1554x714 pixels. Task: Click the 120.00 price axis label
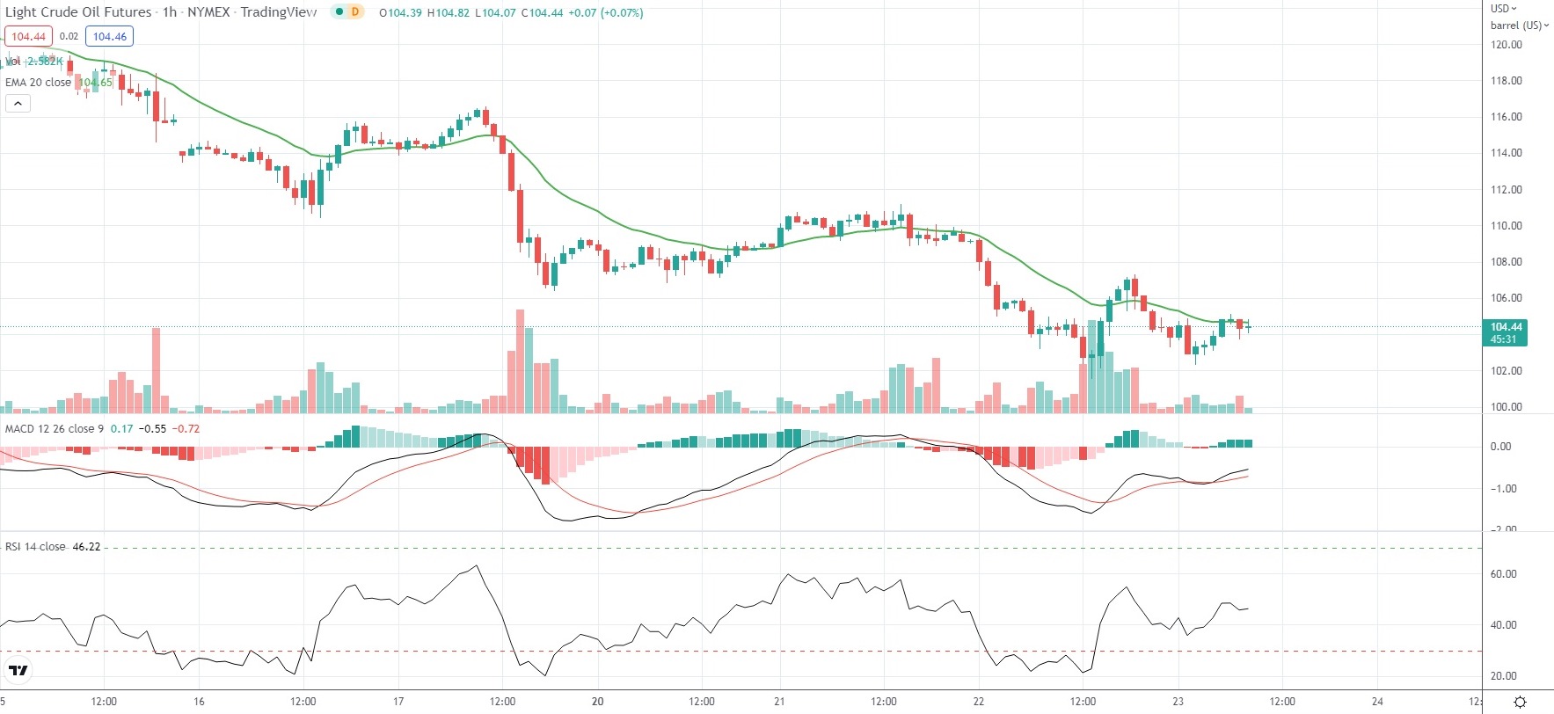point(1506,45)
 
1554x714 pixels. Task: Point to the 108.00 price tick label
point(1506,262)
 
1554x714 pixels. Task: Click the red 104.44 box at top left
point(29,37)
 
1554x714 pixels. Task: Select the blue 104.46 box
point(110,37)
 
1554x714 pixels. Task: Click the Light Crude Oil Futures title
point(78,12)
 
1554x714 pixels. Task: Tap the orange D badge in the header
point(354,12)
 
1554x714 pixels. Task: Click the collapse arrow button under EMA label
point(18,104)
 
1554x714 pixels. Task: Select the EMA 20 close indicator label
point(38,83)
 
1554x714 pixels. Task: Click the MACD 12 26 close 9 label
point(54,429)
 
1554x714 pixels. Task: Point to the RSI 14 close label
point(35,547)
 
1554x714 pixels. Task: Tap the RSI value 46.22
point(86,547)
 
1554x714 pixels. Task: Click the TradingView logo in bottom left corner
point(18,671)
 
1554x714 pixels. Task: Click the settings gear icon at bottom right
point(1520,702)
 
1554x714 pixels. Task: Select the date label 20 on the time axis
point(597,702)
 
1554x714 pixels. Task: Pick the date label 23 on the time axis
point(1178,702)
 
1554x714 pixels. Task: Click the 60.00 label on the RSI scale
point(1503,574)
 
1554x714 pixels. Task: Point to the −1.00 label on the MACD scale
point(1503,489)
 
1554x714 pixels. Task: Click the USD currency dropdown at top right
point(1503,9)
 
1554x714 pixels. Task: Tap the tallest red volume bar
point(520,361)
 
